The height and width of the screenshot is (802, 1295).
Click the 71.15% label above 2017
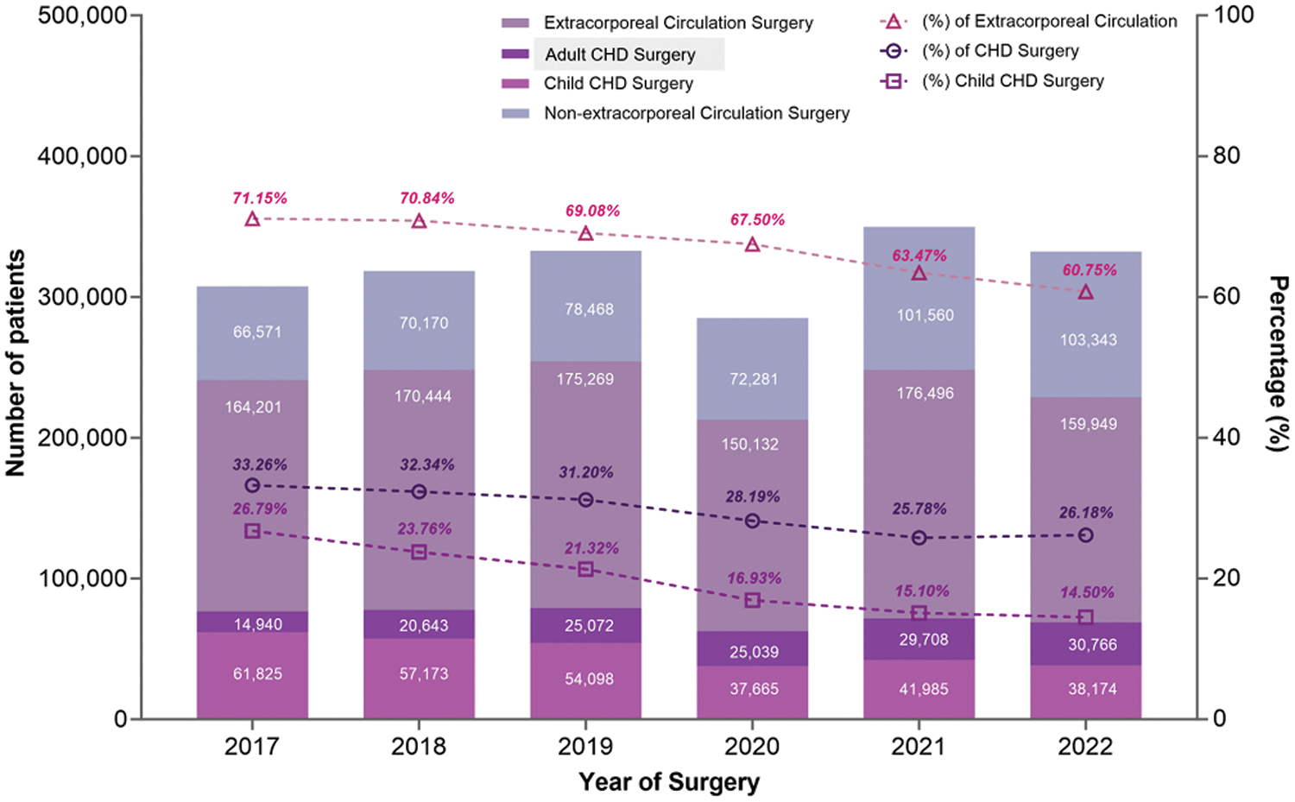(260, 199)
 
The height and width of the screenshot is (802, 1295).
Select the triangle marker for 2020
(753, 244)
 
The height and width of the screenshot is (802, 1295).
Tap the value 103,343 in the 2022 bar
(1089, 340)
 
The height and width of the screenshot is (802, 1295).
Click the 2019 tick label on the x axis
(585, 747)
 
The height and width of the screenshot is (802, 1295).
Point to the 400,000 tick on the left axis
(83, 156)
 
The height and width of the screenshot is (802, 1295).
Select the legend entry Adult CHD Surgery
(620, 54)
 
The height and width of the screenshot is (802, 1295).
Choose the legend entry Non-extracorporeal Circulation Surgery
(696, 113)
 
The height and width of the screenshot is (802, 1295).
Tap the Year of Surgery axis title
(669, 782)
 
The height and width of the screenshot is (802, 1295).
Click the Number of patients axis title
(16, 363)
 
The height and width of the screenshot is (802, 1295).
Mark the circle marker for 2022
(1086, 535)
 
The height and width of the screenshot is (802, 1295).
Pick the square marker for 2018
(419, 552)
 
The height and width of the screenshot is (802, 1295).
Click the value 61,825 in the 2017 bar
(257, 674)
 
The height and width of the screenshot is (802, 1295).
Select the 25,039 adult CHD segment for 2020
(754, 652)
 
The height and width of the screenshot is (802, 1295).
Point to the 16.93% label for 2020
(754, 578)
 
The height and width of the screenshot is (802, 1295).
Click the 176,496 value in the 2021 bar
(925, 394)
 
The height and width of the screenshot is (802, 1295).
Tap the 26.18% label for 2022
(1086, 513)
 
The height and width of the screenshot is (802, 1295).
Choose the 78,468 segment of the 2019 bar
(589, 309)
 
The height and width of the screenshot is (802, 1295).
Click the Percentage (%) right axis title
(1278, 363)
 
